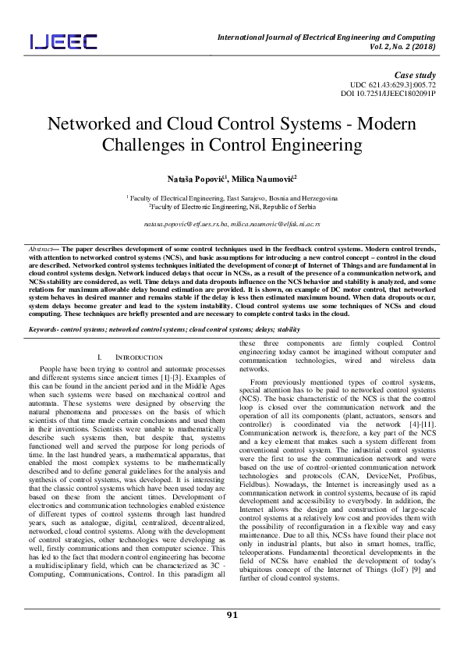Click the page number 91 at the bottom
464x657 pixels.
click(232, 637)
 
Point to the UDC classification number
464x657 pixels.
click(393, 83)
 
